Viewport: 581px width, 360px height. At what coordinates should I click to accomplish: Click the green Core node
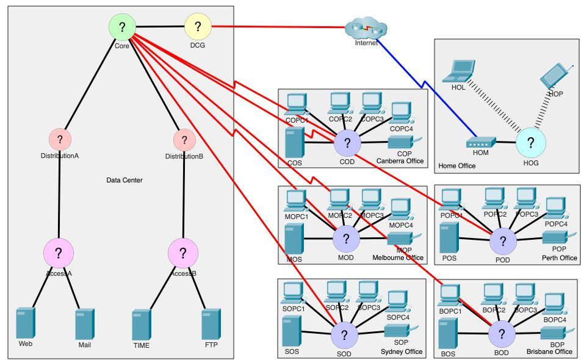(x=122, y=27)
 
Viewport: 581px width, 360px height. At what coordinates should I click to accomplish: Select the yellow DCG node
(x=198, y=27)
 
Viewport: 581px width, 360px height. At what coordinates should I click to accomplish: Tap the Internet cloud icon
(x=366, y=28)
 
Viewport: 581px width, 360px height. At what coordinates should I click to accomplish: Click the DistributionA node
(x=60, y=140)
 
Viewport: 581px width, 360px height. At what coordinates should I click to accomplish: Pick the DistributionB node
(x=184, y=140)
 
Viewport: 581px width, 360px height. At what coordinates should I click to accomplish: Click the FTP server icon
(x=211, y=324)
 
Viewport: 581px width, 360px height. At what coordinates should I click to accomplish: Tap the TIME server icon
(x=141, y=324)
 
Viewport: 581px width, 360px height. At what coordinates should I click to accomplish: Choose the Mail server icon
(x=84, y=324)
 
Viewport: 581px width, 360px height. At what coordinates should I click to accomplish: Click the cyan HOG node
(x=530, y=143)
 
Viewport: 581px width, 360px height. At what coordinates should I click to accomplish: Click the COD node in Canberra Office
(x=347, y=143)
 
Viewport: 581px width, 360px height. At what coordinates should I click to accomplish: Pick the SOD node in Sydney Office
(x=344, y=334)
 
